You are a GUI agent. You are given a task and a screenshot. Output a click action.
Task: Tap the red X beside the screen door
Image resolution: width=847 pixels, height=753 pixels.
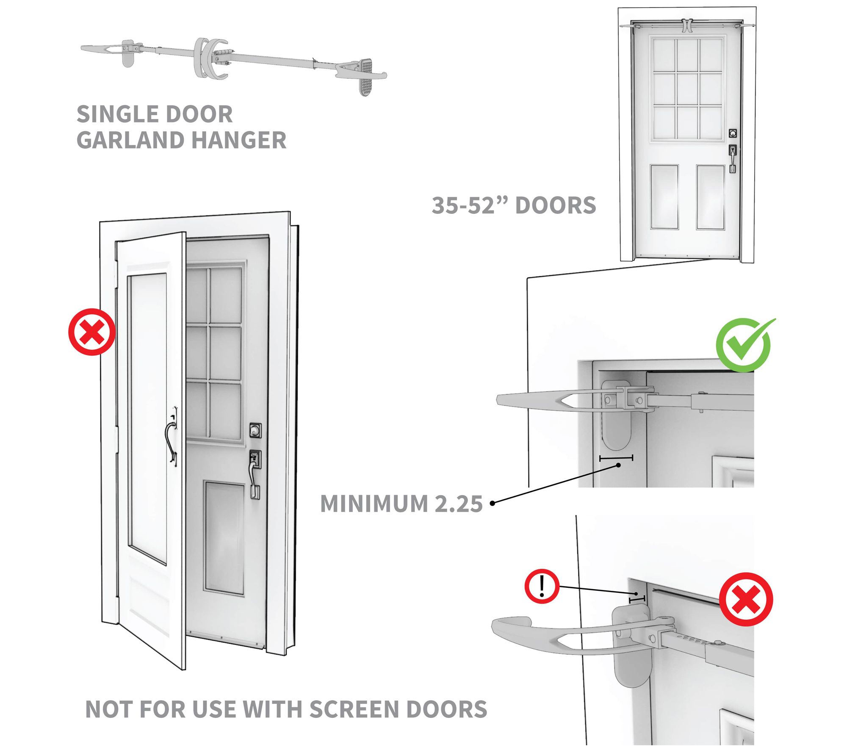pos(92,332)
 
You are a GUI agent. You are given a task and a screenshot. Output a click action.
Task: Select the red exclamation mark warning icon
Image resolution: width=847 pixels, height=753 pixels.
pos(542,586)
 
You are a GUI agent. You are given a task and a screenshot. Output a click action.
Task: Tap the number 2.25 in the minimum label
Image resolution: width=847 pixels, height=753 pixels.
pos(459,504)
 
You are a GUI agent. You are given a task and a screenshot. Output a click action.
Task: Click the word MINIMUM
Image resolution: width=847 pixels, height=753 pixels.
pos(374,504)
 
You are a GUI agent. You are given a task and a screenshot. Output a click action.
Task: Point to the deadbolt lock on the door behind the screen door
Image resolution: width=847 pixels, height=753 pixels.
pos(255,430)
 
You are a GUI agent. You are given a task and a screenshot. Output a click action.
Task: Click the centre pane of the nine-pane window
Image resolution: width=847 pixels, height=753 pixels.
pos(688,89)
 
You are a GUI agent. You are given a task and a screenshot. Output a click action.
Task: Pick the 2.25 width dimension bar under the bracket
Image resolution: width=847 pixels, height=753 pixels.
pos(616,458)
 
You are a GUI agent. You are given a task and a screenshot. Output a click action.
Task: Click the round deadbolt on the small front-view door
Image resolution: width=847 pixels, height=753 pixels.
pos(732,133)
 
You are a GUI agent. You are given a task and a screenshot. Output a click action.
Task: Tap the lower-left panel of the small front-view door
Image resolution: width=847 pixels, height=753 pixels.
pos(664,197)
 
